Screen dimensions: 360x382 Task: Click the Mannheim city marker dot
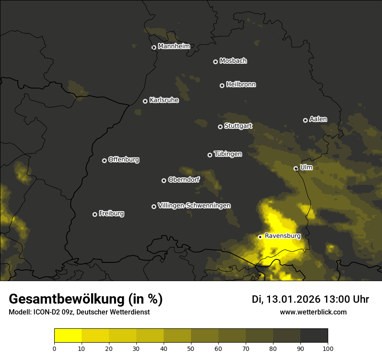coord(154,48)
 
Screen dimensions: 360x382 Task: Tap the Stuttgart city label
coord(238,126)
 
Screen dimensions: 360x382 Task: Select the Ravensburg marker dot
coord(260,237)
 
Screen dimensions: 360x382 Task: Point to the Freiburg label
coord(112,213)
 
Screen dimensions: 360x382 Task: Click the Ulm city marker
coord(296,168)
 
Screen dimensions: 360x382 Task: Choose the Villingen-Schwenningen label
coord(194,206)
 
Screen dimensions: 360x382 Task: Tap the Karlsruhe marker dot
coord(145,101)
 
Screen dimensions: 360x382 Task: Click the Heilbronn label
coord(241,85)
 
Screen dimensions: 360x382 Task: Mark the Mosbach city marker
coord(215,62)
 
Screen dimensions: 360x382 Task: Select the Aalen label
coord(318,119)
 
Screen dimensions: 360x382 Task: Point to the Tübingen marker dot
coord(210,155)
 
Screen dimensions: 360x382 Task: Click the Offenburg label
coord(124,160)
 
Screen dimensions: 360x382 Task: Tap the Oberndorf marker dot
coord(164,180)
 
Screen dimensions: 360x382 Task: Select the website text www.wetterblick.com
coord(313,312)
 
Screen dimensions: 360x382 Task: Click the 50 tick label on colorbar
coord(191,348)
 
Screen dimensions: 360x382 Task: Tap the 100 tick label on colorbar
coord(327,348)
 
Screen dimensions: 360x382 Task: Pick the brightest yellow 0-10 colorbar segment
coord(68,335)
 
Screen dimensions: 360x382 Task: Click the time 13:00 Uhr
coord(346,299)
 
